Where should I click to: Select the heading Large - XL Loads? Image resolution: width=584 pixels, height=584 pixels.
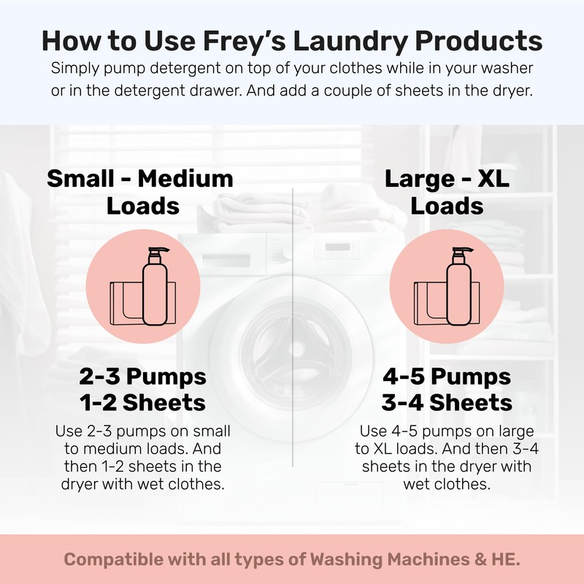[447, 192]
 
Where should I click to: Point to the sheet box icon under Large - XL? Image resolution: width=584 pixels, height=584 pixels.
[429, 301]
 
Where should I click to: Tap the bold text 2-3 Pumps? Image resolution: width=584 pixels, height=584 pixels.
[143, 377]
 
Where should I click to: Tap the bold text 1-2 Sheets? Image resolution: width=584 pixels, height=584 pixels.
[143, 402]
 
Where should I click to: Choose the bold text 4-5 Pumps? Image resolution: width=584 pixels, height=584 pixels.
[447, 377]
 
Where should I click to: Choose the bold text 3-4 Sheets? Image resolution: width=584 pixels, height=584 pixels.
[447, 402]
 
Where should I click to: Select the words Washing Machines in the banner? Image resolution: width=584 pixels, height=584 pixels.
[395, 560]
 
